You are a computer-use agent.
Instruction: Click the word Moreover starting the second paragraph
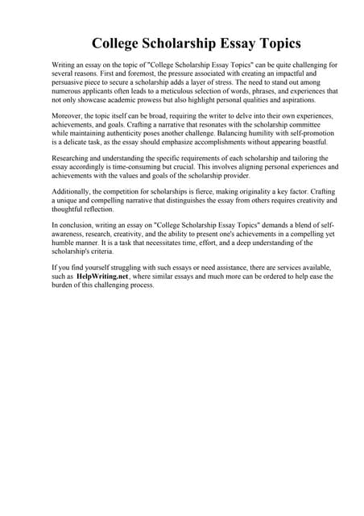coord(68,118)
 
